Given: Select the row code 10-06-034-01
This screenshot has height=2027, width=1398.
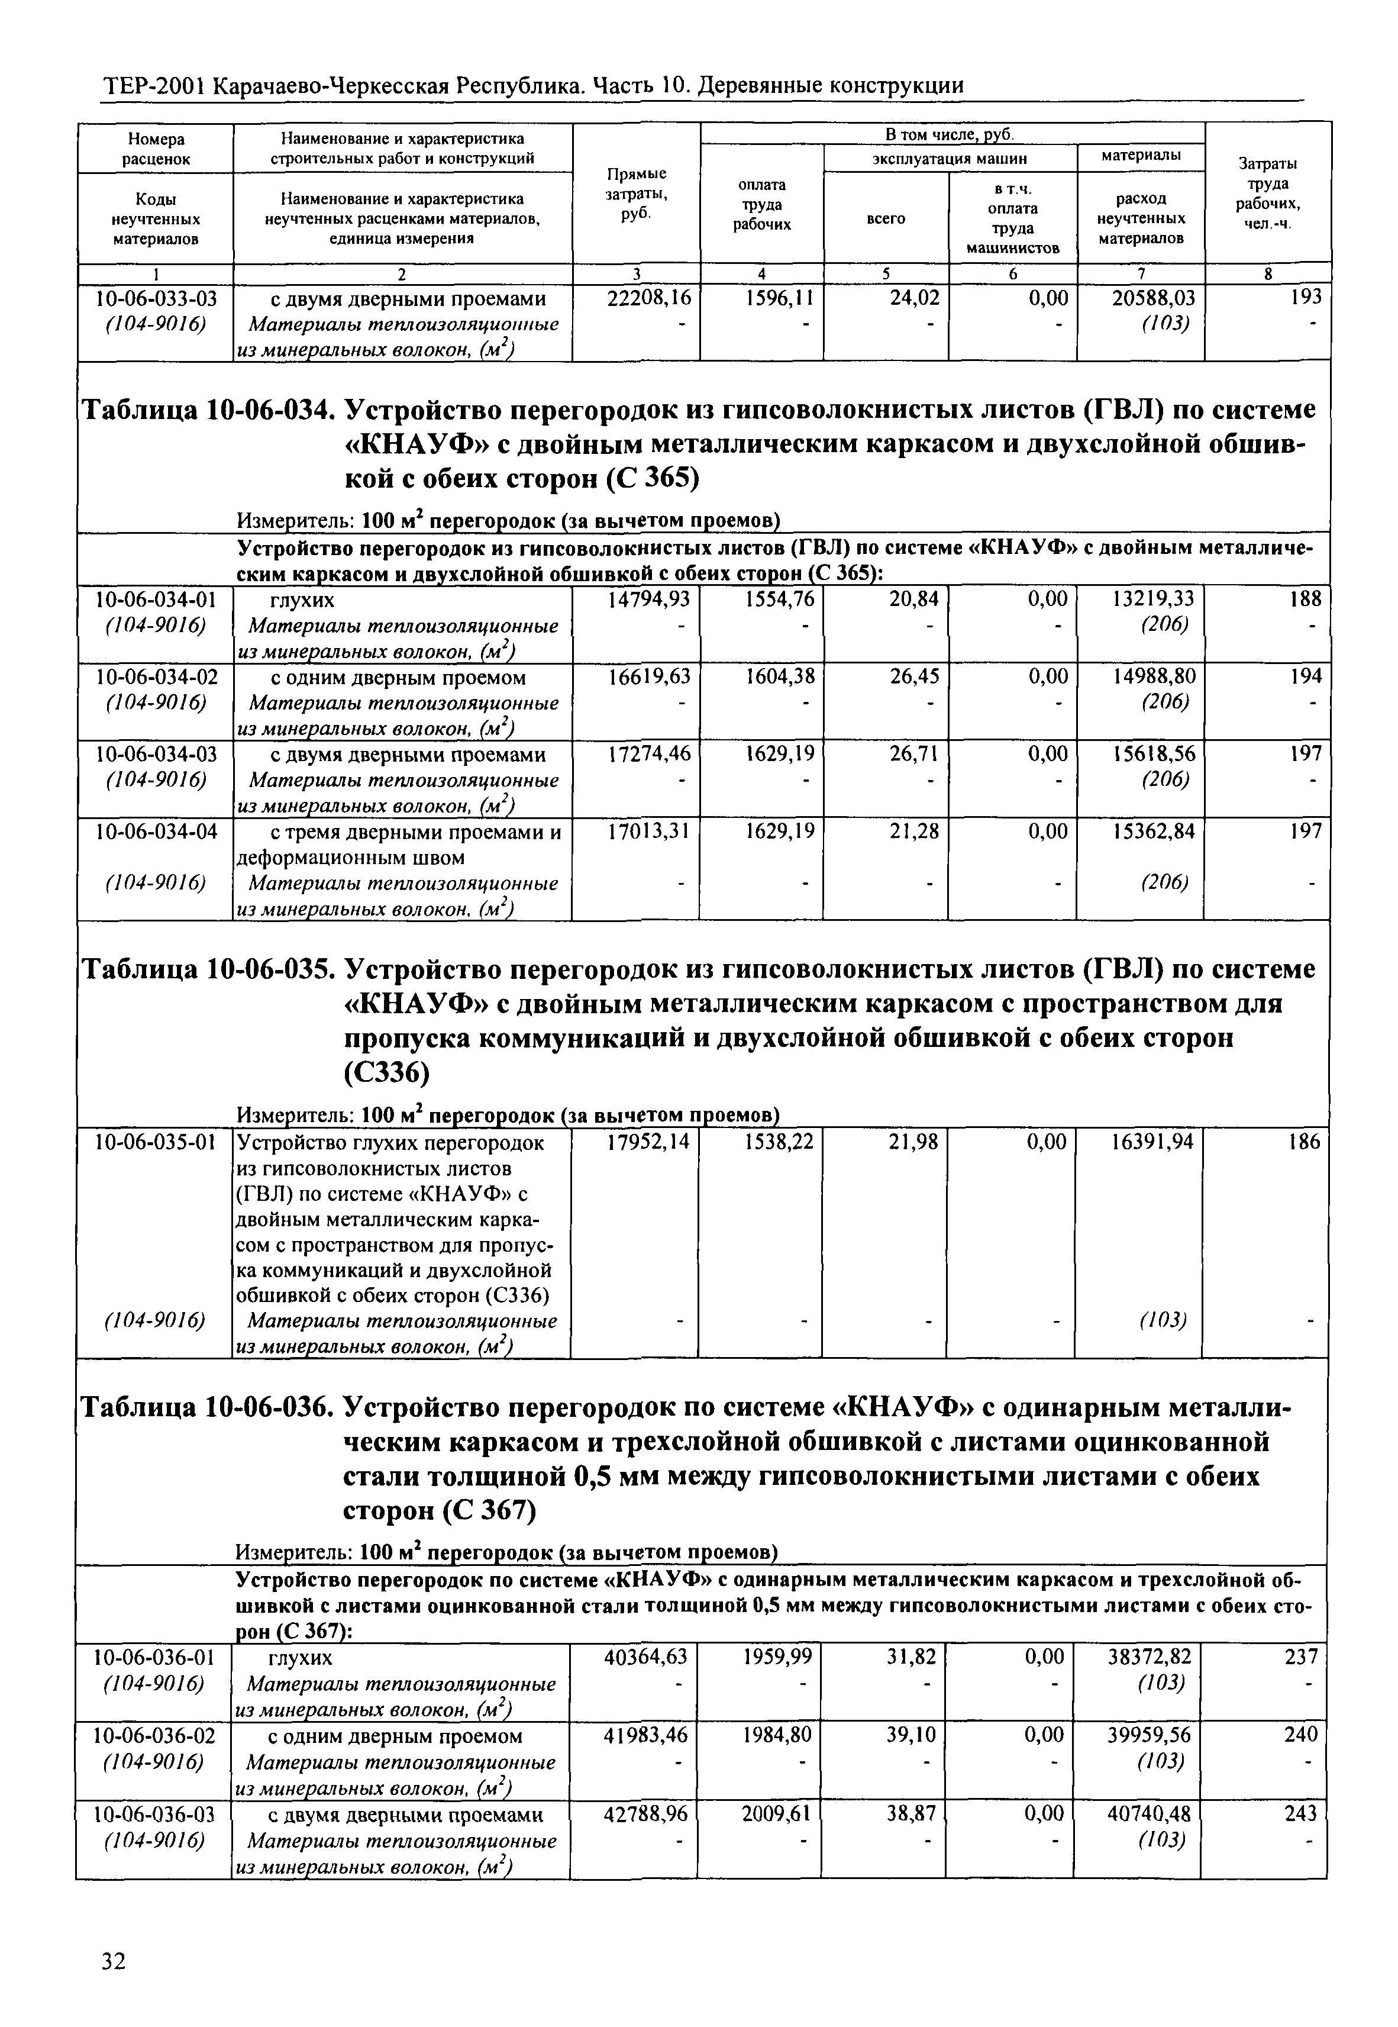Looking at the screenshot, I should click(x=156, y=599).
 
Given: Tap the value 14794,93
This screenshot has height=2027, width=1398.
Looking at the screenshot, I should click(x=648, y=599).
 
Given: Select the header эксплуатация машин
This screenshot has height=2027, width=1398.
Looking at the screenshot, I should click(x=948, y=159).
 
